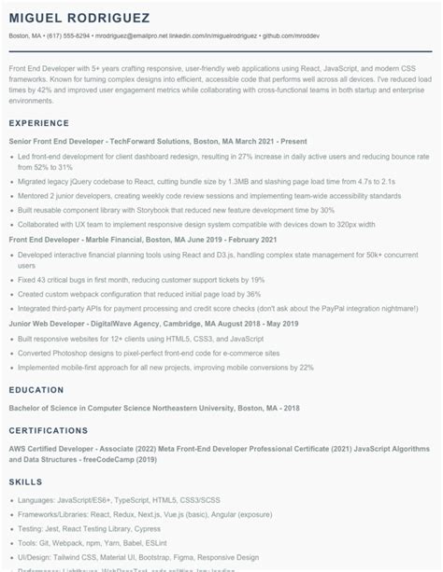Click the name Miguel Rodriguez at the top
72,19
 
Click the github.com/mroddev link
291,35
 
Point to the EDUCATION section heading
36,389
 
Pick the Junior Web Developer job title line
140,323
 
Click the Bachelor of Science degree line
154,408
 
